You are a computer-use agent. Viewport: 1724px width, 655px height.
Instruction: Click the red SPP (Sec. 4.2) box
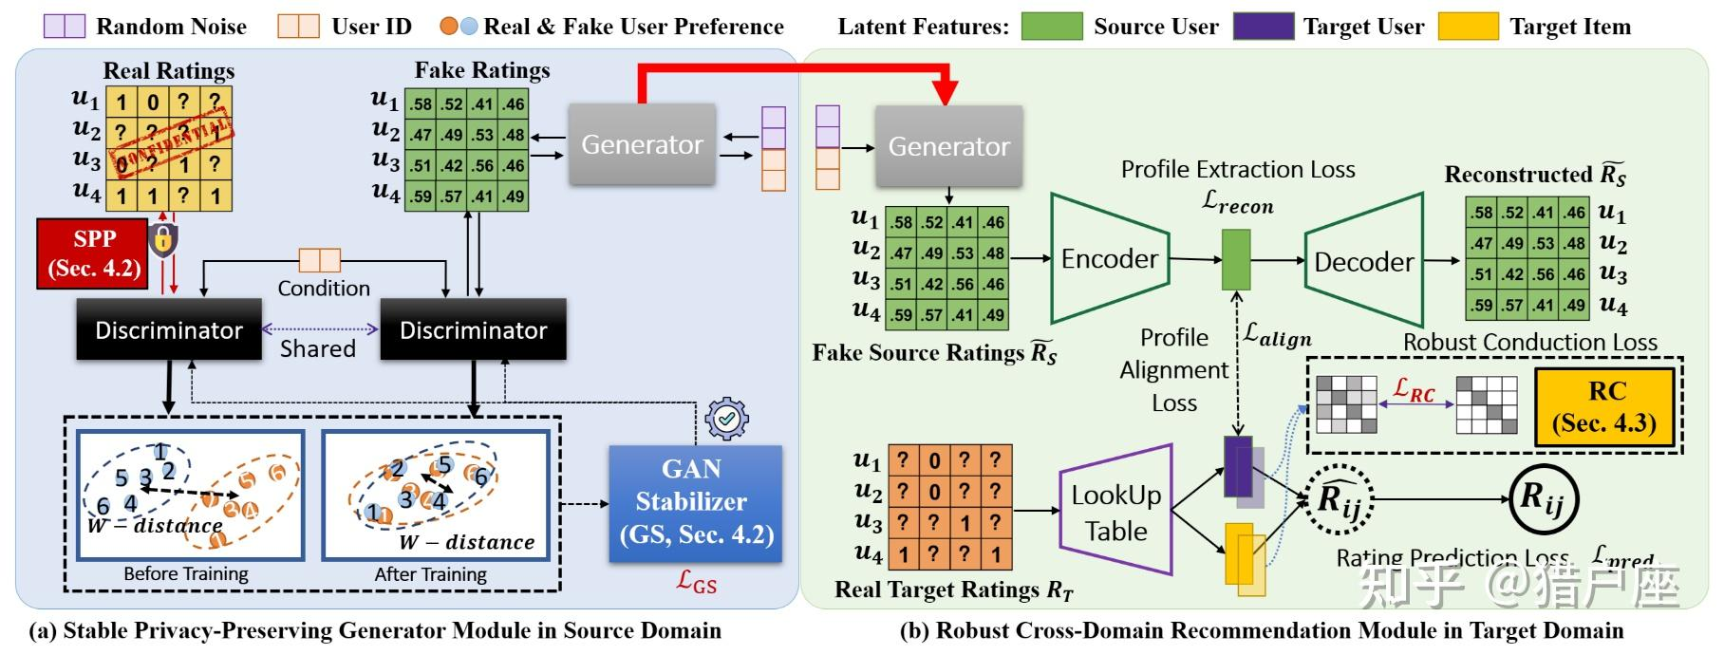[93, 253]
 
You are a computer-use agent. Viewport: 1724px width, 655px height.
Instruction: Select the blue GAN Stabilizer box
[695, 503]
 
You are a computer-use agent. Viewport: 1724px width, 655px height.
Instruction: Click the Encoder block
[1109, 258]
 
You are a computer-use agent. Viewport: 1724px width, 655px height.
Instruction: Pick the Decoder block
[1364, 261]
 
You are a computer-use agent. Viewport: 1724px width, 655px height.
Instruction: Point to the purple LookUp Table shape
[1115, 512]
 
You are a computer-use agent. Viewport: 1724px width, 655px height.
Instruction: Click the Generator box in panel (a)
[642, 144]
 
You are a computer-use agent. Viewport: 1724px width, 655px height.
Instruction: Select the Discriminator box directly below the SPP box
[169, 330]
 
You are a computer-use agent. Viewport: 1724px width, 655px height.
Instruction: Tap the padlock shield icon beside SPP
[163, 239]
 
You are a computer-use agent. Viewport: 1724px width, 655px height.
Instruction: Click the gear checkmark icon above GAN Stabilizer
[727, 417]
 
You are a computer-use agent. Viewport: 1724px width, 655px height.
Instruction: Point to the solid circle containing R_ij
[1543, 496]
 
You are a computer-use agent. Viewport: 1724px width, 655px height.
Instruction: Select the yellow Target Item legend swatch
[1468, 26]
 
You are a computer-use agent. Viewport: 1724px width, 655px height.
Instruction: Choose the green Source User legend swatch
[1051, 26]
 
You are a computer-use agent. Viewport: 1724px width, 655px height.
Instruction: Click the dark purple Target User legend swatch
[1263, 26]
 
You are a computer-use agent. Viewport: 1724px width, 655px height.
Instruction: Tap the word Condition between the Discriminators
[324, 288]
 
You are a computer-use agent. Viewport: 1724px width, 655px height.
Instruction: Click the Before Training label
[186, 574]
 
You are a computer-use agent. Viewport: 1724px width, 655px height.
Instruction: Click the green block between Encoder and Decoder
[1235, 259]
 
